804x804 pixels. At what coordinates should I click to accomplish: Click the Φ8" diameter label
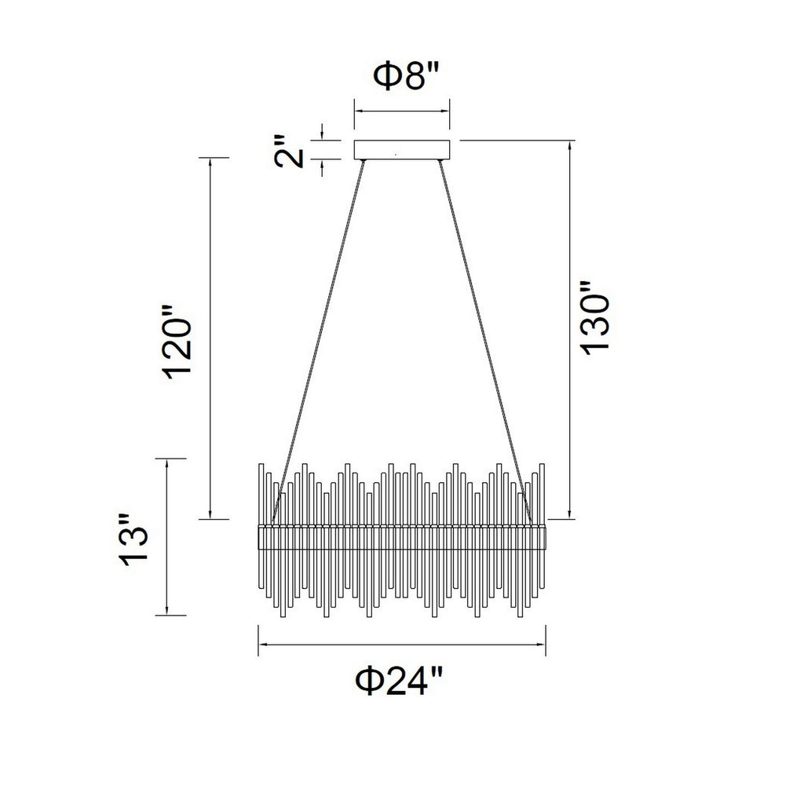[407, 76]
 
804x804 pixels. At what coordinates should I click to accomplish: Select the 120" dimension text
[177, 342]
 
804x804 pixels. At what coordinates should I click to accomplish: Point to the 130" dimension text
[595, 317]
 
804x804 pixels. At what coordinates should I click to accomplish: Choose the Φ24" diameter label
[398, 681]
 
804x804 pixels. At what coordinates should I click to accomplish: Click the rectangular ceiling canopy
[402, 149]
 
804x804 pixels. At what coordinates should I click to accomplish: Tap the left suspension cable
[317, 342]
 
